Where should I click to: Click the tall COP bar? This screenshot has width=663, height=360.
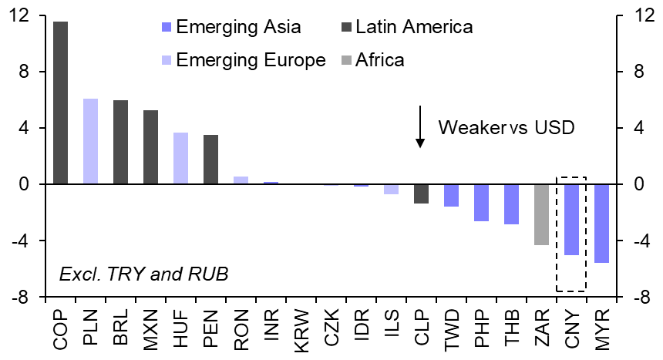pyautogui.click(x=60, y=103)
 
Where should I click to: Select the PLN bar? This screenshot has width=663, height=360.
pyautogui.click(x=90, y=142)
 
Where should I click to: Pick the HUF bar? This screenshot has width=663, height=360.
pyautogui.click(x=180, y=159)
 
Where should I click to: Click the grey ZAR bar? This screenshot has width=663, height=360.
pyautogui.click(x=541, y=214)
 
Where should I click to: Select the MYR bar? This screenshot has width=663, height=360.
pyautogui.click(x=601, y=224)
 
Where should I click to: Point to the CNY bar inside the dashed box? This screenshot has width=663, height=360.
pyautogui.click(x=571, y=220)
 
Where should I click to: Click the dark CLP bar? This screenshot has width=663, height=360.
pyautogui.click(x=421, y=193)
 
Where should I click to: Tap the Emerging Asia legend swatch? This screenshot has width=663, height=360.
pyautogui.click(x=166, y=28)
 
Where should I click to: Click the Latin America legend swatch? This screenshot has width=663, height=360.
pyautogui.click(x=345, y=28)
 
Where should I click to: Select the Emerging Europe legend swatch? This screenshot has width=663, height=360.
pyautogui.click(x=166, y=59)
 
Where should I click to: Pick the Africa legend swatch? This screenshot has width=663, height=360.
pyautogui.click(x=345, y=59)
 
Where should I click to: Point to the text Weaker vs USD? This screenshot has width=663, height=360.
pyautogui.click(x=506, y=127)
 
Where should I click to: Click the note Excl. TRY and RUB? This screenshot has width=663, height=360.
pyautogui.click(x=143, y=273)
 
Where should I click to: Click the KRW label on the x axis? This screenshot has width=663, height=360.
pyautogui.click(x=301, y=330)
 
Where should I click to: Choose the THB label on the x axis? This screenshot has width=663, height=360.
pyautogui.click(x=511, y=330)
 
